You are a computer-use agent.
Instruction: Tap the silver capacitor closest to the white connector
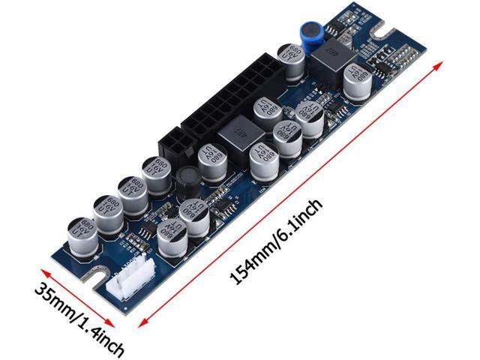tap(170, 235)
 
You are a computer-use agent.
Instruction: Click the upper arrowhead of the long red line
tap(437, 65)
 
